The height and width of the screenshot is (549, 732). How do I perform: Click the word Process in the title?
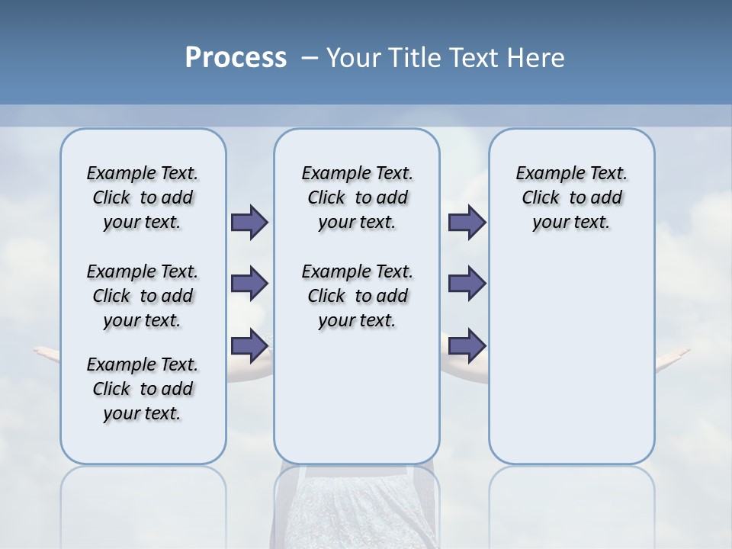tap(236, 58)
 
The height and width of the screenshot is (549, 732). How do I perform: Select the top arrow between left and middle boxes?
tap(249, 222)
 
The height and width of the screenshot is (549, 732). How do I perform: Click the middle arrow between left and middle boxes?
tap(249, 284)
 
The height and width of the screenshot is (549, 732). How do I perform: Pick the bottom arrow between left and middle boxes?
tap(249, 345)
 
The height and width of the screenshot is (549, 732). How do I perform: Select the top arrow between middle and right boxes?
tap(467, 222)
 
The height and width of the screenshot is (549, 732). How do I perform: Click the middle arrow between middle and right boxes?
tap(467, 284)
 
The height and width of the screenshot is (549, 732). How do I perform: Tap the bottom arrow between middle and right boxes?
tap(467, 345)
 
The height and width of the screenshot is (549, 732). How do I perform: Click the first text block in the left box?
tap(143, 197)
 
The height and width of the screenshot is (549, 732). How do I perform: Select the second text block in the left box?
tap(143, 296)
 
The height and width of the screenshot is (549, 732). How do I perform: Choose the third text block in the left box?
tap(143, 389)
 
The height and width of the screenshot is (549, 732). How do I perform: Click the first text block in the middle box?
tap(357, 197)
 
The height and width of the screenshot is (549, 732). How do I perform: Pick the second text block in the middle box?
tap(357, 296)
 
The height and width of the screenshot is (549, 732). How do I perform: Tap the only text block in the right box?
tap(571, 197)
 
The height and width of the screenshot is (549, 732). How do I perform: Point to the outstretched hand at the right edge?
tap(674, 355)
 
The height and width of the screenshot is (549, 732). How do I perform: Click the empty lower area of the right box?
tap(571, 366)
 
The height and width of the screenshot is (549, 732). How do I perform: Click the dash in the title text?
tap(310, 58)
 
